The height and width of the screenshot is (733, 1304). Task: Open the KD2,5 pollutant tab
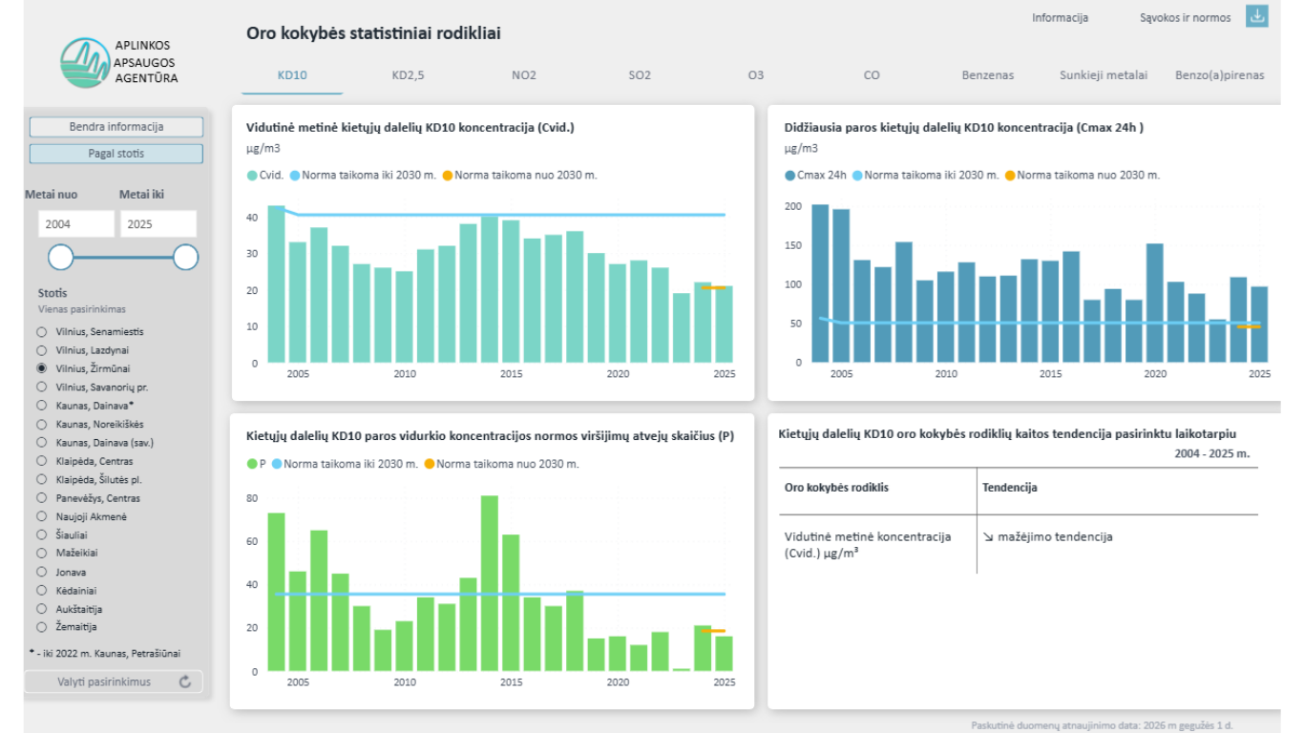[x=408, y=75]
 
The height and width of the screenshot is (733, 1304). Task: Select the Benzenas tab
[x=987, y=75]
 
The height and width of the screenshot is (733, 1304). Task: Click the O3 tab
[x=756, y=75]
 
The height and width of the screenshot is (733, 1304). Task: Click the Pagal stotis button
[x=116, y=154]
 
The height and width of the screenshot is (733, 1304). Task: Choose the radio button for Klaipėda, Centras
[x=41, y=461]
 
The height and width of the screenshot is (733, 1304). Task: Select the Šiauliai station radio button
[x=41, y=534]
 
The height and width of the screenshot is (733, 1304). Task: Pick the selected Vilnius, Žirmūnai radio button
[x=41, y=368]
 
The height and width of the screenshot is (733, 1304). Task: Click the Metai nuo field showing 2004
[x=76, y=224]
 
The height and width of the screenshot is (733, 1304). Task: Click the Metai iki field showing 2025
[x=158, y=224]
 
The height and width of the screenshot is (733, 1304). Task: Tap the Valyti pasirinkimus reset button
[x=114, y=681]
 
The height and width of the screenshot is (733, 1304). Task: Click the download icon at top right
[x=1257, y=16]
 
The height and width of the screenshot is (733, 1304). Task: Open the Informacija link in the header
[x=1060, y=18]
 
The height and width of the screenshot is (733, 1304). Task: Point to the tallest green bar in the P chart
[x=490, y=583]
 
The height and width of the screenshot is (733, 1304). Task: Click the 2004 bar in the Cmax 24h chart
[x=820, y=283]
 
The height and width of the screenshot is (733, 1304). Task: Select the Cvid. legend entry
[x=265, y=176]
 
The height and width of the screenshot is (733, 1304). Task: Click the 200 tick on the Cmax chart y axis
[x=793, y=206]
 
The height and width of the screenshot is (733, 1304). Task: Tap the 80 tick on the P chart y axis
[x=251, y=498]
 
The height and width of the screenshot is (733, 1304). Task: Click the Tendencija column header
[x=1009, y=488]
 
